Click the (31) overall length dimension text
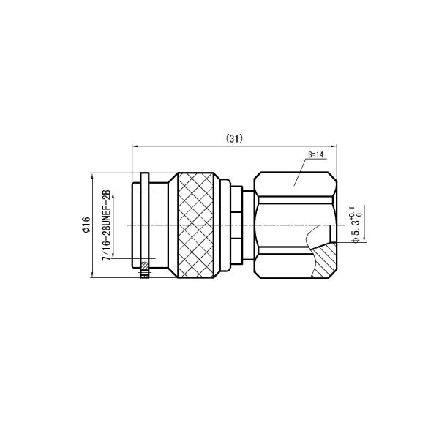click(x=234, y=138)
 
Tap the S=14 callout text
click(x=315, y=154)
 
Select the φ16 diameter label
click(x=86, y=225)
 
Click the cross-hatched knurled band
click(x=195, y=225)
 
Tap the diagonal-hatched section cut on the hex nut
click(x=325, y=260)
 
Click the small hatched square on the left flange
click(x=144, y=265)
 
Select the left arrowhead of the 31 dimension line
click(x=135, y=146)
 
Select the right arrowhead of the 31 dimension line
click(x=334, y=146)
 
